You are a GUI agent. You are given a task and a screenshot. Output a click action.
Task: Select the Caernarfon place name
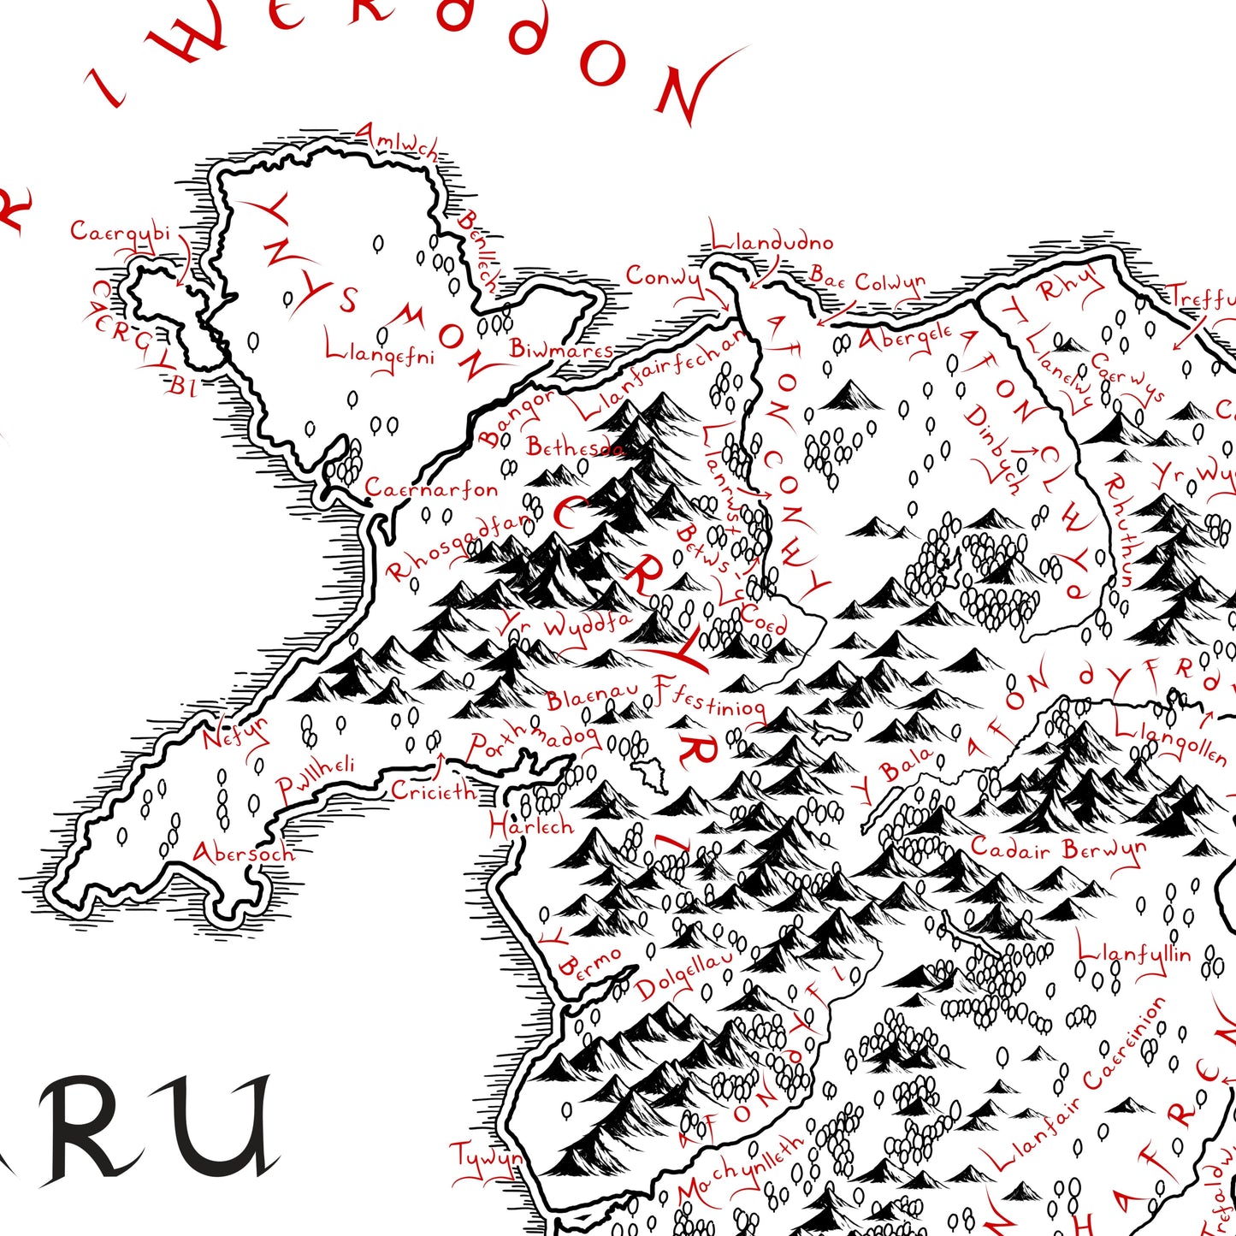tap(432, 489)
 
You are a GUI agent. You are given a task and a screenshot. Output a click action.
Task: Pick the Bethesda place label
tap(575, 446)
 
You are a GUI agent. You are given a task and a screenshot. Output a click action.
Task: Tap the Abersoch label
tap(243, 853)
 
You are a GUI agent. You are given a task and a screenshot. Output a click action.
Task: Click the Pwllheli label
tap(315, 778)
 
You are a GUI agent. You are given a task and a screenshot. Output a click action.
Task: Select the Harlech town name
tap(530, 825)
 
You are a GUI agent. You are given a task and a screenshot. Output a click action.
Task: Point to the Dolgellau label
tap(684, 976)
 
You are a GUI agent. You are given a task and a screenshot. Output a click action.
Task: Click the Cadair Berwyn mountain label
tap(1057, 849)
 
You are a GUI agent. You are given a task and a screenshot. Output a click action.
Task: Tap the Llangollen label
tap(1171, 741)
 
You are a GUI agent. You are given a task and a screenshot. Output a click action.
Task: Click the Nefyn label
tap(235, 734)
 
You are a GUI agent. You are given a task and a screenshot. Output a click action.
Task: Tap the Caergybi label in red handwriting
tap(120, 232)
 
